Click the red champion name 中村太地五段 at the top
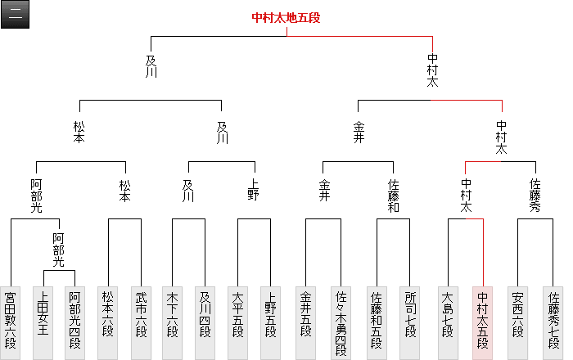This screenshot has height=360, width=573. (x=286, y=17)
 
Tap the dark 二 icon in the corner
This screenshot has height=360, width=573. (x=16, y=15)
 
